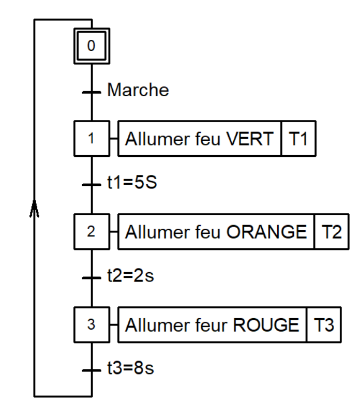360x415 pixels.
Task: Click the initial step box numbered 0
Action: pos(91,46)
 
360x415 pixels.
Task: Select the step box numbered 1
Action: pos(91,139)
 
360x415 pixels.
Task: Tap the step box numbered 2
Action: pos(91,231)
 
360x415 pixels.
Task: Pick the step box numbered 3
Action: pos(91,324)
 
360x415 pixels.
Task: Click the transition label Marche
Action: pos(138,91)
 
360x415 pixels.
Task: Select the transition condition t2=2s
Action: pos(130,277)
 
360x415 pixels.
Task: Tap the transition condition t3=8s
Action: pos(130,369)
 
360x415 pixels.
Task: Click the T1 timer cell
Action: pos(298,139)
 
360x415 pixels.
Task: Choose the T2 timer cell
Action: pos(332,232)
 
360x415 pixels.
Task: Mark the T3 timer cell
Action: pos(324,325)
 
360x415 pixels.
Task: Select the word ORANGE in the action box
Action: pos(267,232)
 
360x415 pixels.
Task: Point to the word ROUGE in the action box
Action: pos(266,325)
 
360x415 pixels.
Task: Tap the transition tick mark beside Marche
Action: pos(92,92)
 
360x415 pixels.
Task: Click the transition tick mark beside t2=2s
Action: pos(92,277)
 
